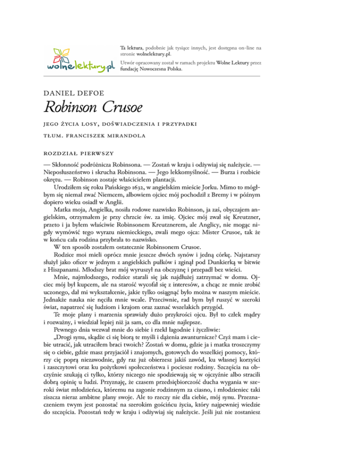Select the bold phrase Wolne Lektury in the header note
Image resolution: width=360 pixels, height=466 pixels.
(236, 62)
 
